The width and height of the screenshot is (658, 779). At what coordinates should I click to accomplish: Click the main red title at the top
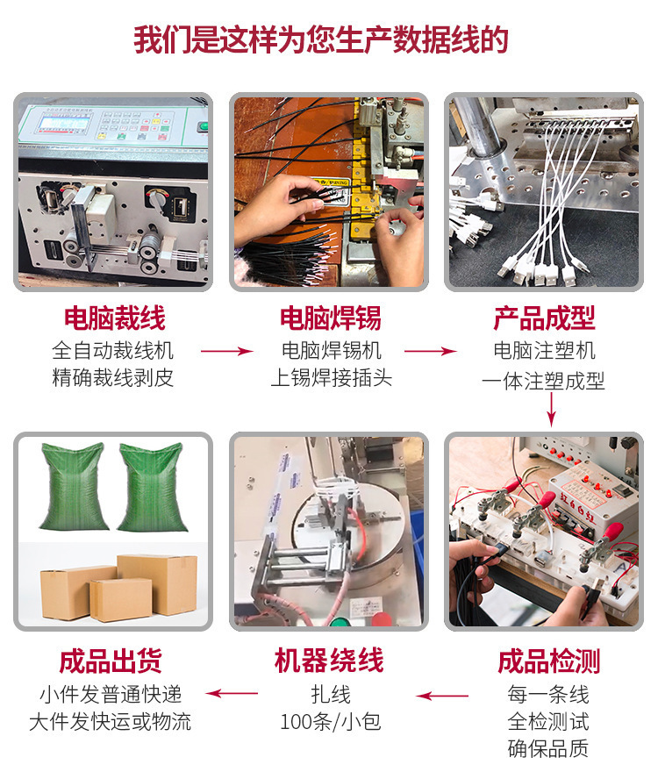[320, 39]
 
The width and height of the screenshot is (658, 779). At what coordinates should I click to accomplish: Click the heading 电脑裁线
[114, 318]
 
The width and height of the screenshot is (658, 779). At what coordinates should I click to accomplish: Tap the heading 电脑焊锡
[331, 318]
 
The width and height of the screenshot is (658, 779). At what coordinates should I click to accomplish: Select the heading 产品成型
[544, 318]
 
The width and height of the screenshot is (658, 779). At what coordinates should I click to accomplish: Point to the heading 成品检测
[548, 661]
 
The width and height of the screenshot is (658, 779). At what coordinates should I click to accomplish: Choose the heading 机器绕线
[329, 661]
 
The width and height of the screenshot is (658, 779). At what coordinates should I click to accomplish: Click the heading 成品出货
[111, 661]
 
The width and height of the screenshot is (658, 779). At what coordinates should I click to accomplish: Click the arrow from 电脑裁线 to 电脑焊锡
[227, 351]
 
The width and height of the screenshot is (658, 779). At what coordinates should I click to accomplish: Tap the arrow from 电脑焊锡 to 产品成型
[431, 351]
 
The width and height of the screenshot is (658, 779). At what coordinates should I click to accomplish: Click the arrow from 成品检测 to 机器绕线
[442, 696]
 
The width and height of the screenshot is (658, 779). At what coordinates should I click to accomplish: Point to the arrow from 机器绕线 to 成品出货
[232, 694]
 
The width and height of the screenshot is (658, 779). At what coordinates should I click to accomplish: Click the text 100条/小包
[331, 722]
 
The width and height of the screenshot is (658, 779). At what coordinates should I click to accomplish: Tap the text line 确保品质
[548, 748]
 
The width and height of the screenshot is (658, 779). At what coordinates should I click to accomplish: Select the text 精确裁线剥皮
[113, 377]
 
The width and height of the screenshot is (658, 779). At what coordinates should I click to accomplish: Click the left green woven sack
[74, 486]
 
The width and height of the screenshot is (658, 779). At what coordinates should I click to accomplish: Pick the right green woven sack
[151, 488]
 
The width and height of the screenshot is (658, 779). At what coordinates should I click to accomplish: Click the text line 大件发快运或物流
[111, 722]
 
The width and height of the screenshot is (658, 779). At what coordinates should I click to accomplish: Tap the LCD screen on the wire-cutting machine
[65, 122]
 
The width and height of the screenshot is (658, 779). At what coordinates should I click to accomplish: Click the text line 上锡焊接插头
[332, 377]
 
